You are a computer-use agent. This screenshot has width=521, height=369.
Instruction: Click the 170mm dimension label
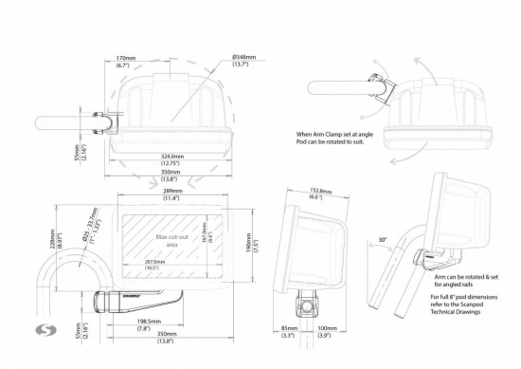(122, 59)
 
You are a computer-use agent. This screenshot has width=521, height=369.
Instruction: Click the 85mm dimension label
(286, 331)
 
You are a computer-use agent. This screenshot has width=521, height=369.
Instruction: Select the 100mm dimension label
(328, 331)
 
